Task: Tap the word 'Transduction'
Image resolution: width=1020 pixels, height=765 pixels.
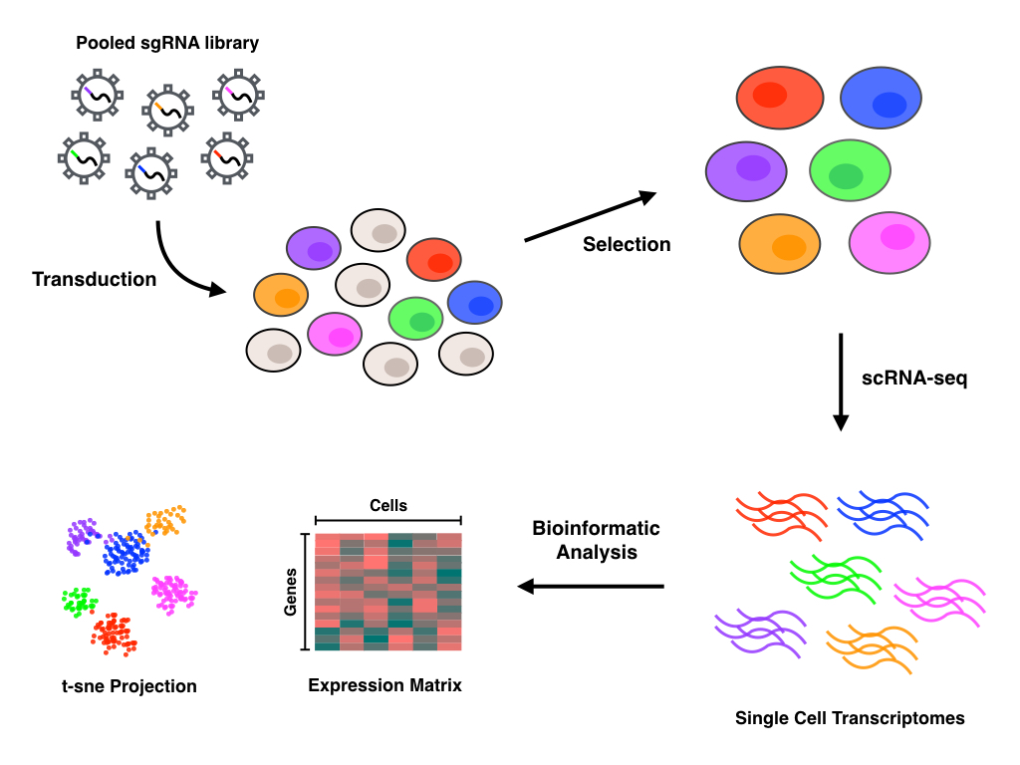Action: pos(95,279)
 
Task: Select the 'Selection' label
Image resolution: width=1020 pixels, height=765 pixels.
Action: pos(627,244)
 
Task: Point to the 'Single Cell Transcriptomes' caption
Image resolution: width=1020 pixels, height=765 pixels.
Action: pos(850,717)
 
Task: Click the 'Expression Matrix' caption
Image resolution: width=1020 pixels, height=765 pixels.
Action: pos(384,685)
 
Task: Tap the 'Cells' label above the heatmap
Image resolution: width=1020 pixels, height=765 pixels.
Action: pos(387,506)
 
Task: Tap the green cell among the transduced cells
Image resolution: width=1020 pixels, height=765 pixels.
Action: pos(416,319)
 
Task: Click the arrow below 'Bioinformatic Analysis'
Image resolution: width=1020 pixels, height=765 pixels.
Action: pos(592,587)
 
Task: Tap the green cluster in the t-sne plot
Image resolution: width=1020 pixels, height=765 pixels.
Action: pos(77,601)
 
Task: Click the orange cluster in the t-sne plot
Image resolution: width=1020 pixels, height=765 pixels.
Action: pos(163,520)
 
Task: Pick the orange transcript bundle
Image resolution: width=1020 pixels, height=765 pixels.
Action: pos(871,647)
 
